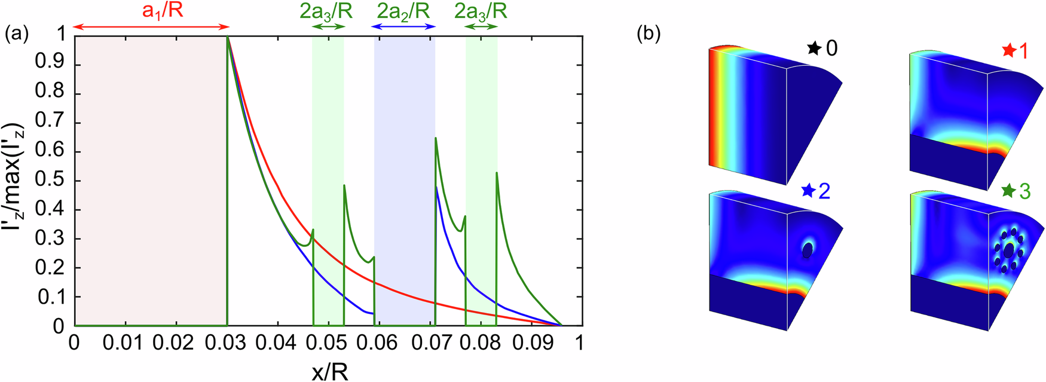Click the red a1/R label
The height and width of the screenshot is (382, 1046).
pos(162,11)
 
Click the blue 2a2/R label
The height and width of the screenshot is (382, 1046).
pos(403,11)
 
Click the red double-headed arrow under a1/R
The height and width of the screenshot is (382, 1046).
pos(151,27)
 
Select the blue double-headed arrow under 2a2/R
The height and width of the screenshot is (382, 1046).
pos(403,27)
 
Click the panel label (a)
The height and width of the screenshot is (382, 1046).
pos(16,34)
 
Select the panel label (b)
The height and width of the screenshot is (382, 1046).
pos(649,34)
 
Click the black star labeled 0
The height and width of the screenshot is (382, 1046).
pos(813,48)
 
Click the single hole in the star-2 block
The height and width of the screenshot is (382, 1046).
pos(808,252)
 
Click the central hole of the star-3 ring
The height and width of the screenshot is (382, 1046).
pos(1009,252)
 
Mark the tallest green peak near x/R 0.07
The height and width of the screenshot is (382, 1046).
pos(436,138)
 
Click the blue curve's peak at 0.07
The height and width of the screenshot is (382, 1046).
pos(437,188)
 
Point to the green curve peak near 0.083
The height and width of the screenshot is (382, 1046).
pos(497,173)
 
